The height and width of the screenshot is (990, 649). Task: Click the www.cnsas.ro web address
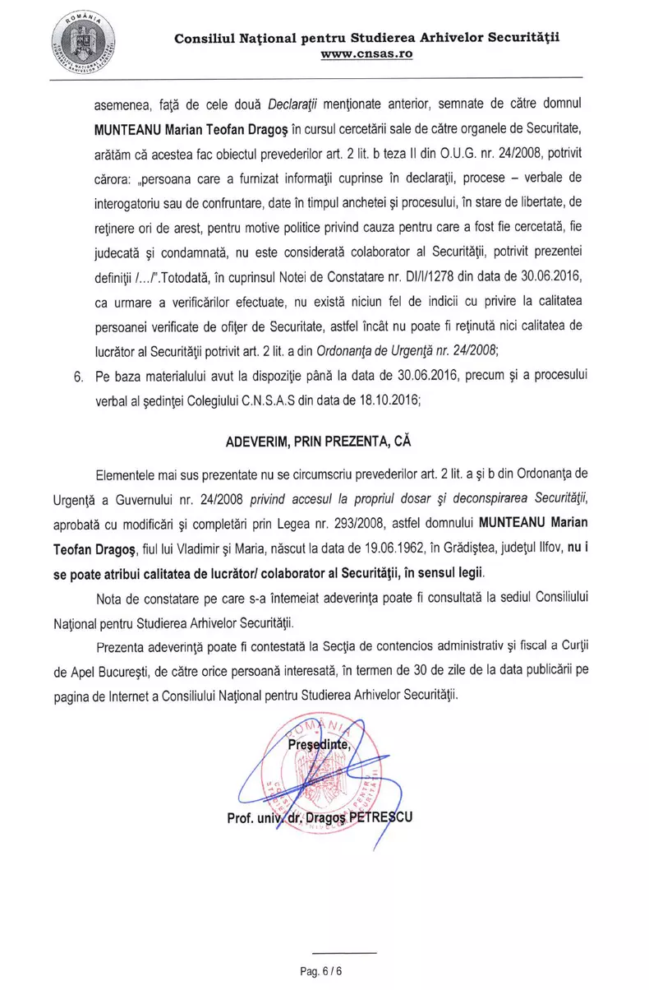coord(366,53)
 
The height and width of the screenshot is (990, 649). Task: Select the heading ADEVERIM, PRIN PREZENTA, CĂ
coord(318,440)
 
